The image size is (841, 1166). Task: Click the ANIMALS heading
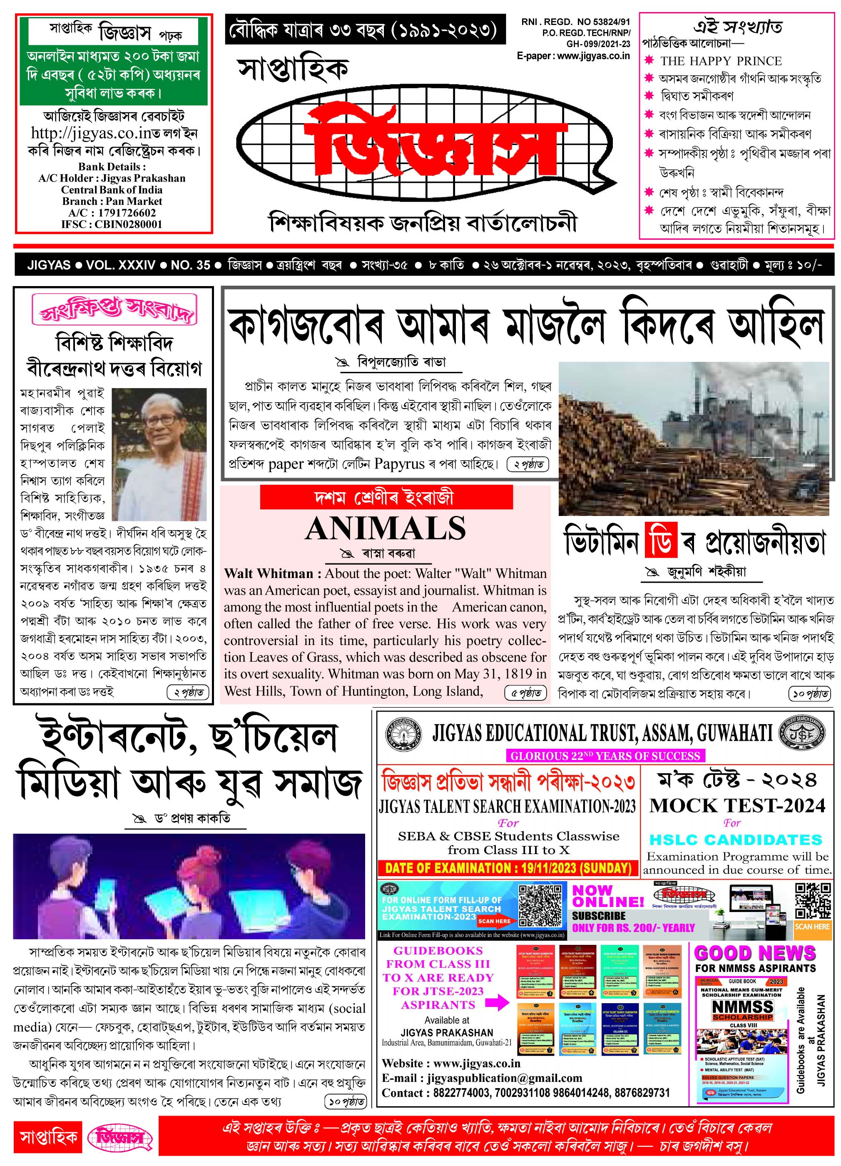point(385,528)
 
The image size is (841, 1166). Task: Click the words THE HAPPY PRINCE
point(721,61)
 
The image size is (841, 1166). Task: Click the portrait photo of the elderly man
point(159,454)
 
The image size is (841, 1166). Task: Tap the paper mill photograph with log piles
point(694,438)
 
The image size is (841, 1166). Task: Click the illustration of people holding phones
point(189,886)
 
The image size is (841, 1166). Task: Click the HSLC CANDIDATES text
point(736,840)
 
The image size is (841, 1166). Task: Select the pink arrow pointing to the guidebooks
point(497,1002)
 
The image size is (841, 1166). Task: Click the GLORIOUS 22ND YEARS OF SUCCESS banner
point(605,756)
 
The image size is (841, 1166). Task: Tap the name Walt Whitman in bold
point(269,573)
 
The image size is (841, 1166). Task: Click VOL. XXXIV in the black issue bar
point(121,265)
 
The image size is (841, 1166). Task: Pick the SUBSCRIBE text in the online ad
point(598,916)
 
